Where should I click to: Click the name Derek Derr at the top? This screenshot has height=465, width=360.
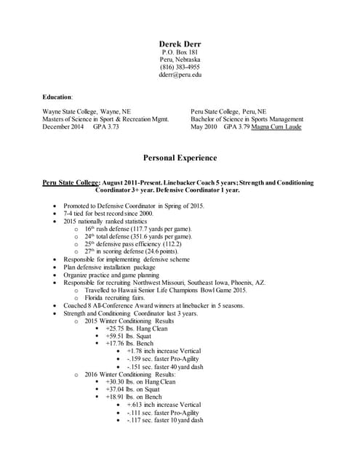pyautogui.click(x=180, y=44)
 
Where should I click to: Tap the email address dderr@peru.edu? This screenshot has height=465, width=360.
pyautogui.click(x=180, y=74)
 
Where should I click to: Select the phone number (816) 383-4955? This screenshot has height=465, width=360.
pyautogui.click(x=180, y=67)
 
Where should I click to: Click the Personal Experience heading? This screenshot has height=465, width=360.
pyautogui.click(x=180, y=158)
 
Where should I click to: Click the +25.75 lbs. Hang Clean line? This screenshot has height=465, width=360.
pyautogui.click(x=137, y=328)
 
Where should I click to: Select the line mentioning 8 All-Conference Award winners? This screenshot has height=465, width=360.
pyautogui.click(x=153, y=305)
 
